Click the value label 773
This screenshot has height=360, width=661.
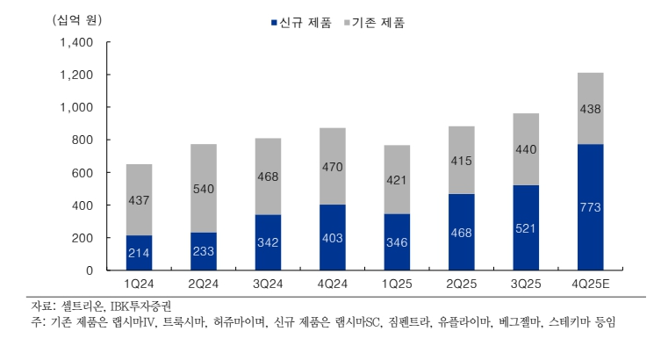pos(590,207)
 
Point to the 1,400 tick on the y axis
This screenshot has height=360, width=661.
pos(76,42)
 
